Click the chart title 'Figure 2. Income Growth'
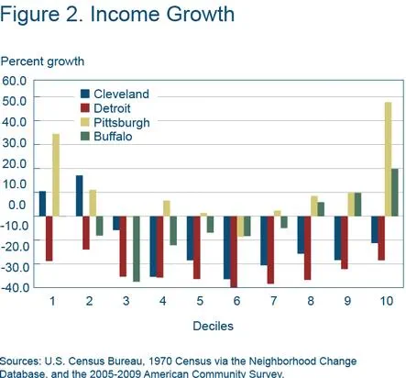[x=117, y=16]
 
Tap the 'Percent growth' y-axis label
[x=41, y=61]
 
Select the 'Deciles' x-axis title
[x=212, y=326]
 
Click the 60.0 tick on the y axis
[x=16, y=81]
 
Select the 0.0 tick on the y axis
[x=18, y=205]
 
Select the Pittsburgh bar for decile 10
[x=388, y=158]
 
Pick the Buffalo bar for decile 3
[x=137, y=249]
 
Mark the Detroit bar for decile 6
[x=234, y=251]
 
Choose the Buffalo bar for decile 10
[x=395, y=192]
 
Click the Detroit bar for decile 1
[x=49, y=239]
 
